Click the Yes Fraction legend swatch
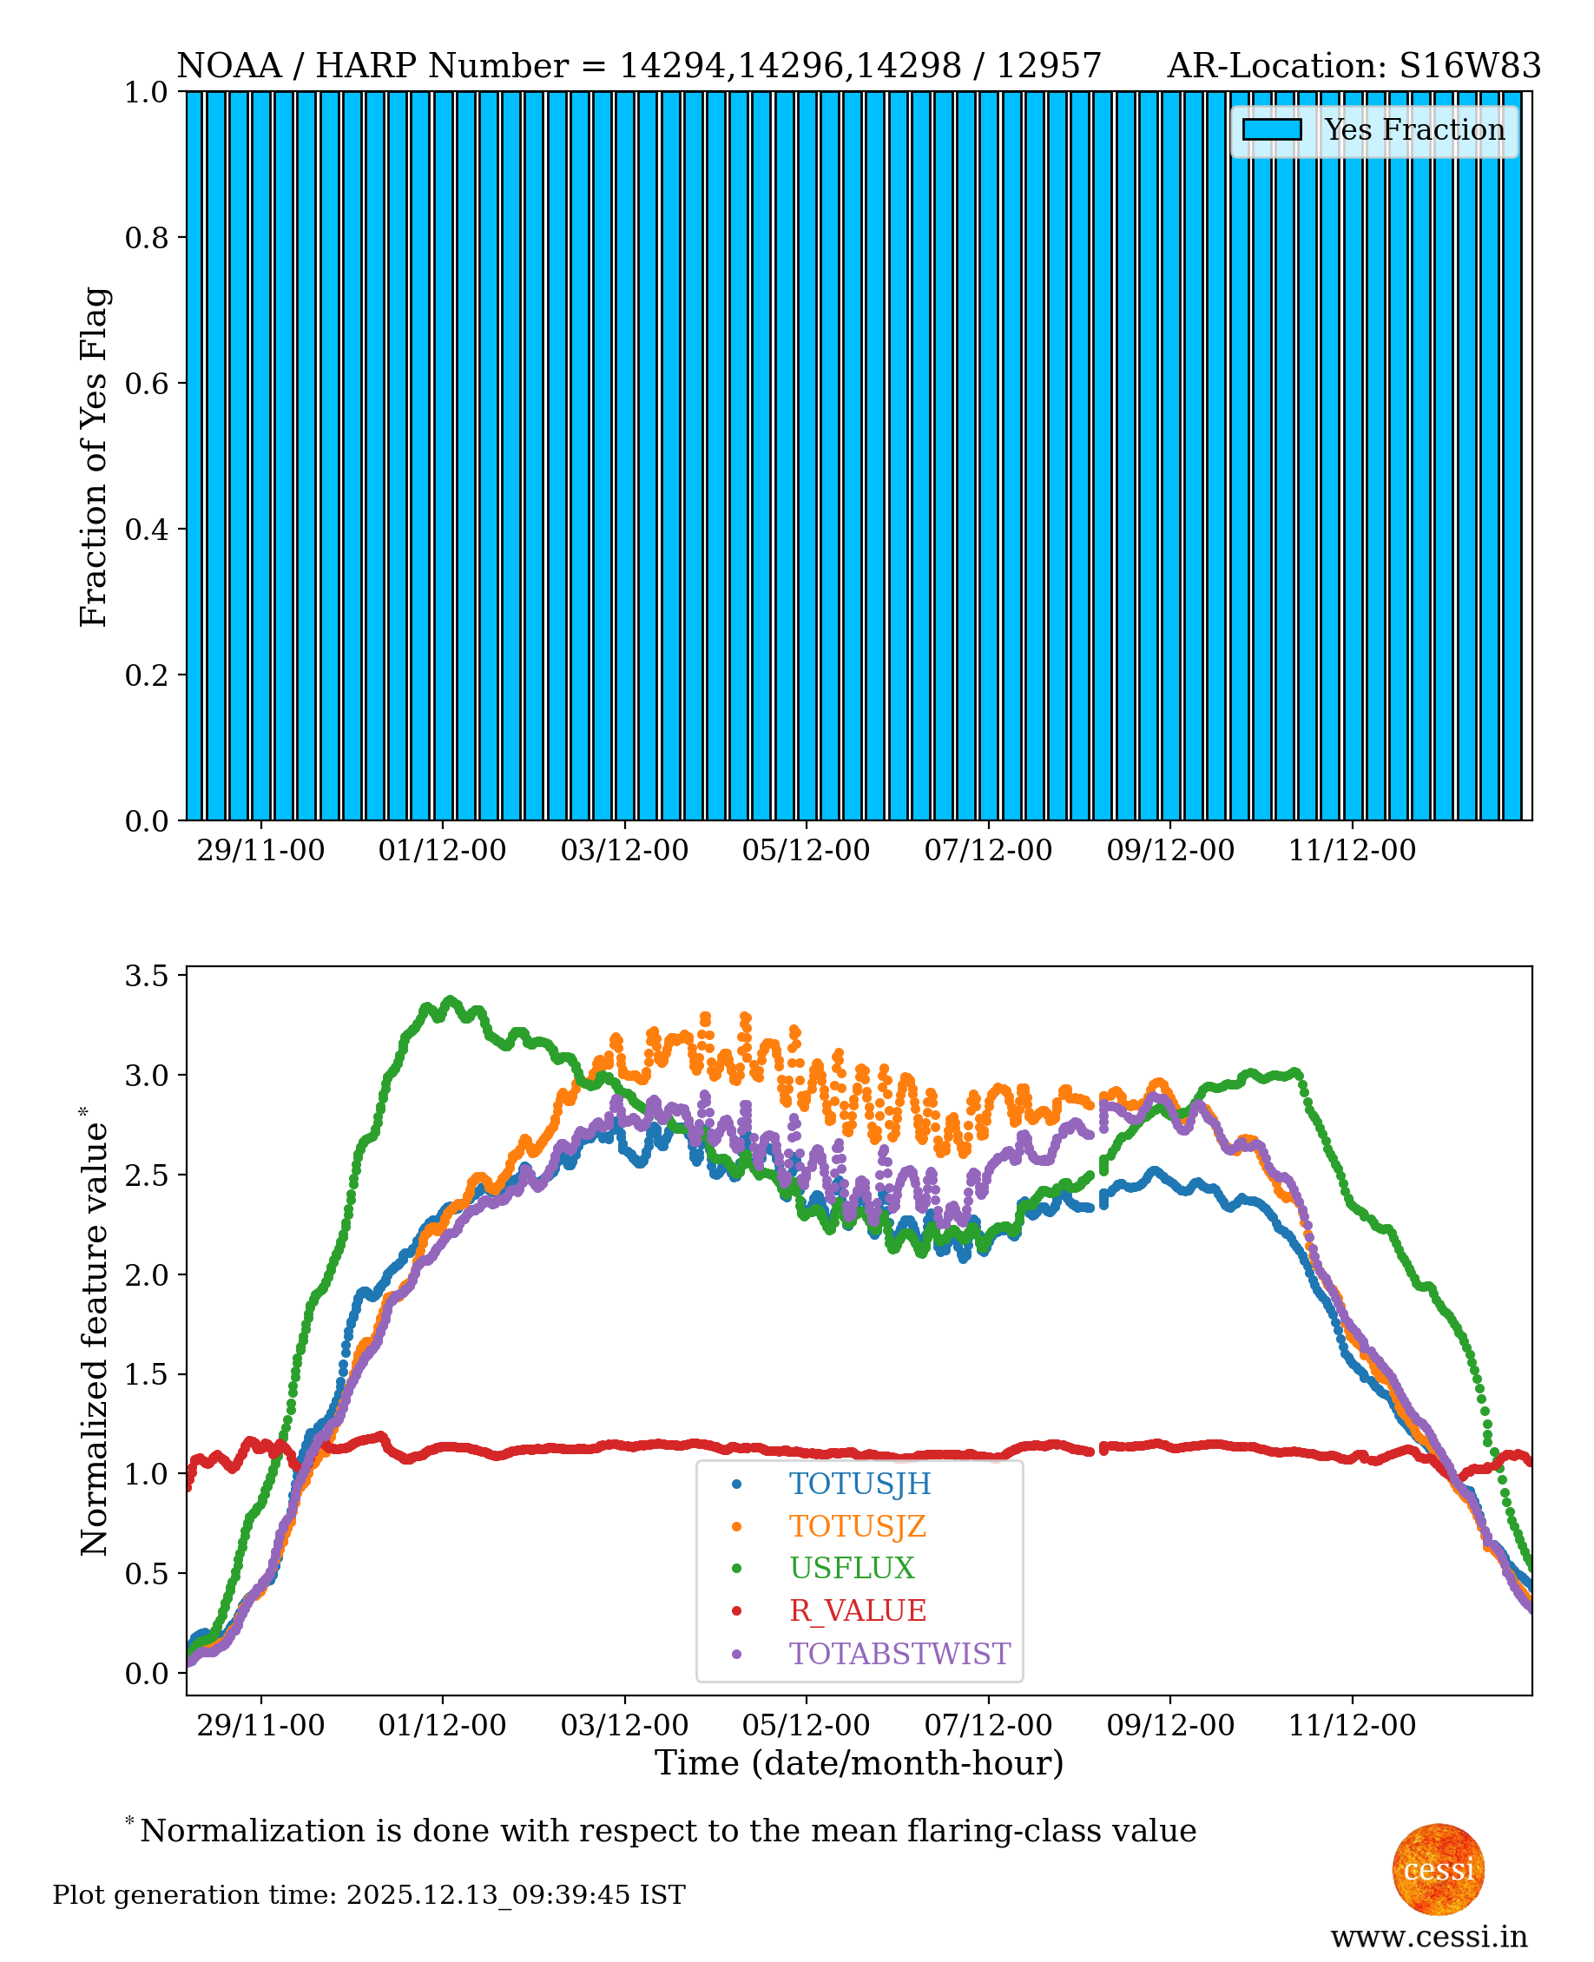1272,129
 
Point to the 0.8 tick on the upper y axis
147,238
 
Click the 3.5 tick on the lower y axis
147,975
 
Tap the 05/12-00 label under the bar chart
806,850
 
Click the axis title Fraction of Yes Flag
94,457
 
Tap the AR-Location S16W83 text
1354,66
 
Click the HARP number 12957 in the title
1049,66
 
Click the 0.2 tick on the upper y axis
147,675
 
